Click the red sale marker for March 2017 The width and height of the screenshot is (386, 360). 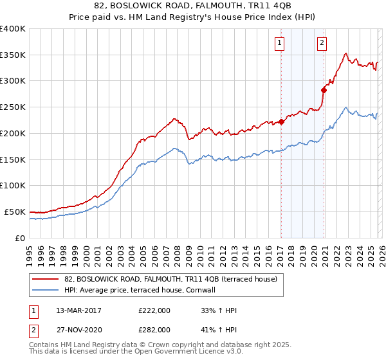[281, 122]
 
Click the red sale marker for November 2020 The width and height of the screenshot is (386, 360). [324, 90]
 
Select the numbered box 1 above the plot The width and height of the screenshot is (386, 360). [280, 44]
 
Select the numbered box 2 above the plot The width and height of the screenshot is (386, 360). [322, 44]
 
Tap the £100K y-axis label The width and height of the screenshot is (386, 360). [13, 186]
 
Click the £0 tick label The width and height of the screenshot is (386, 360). [20, 238]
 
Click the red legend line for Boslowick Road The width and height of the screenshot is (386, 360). [46, 279]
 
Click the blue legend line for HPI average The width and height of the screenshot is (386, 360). [46, 290]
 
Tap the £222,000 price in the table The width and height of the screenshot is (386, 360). [154, 310]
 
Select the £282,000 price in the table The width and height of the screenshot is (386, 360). [154, 328]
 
